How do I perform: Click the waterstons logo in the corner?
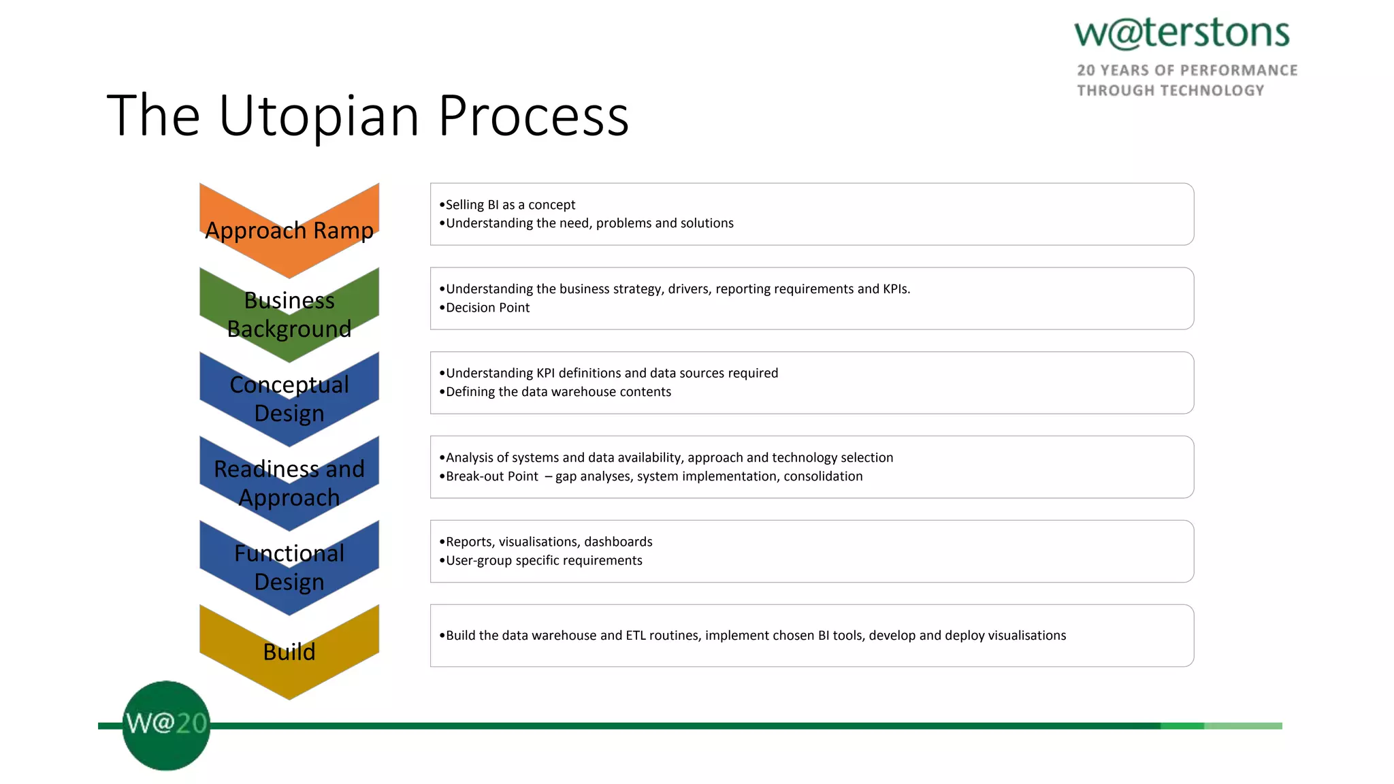1182,34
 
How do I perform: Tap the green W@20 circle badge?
166,725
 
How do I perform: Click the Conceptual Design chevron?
289,399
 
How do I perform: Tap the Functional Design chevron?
289,568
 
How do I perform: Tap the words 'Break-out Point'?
491,476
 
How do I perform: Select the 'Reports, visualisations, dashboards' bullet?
549,542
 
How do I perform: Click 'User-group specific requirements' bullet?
544,561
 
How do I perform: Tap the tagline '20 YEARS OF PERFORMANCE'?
1187,71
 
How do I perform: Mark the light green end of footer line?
1243,726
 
